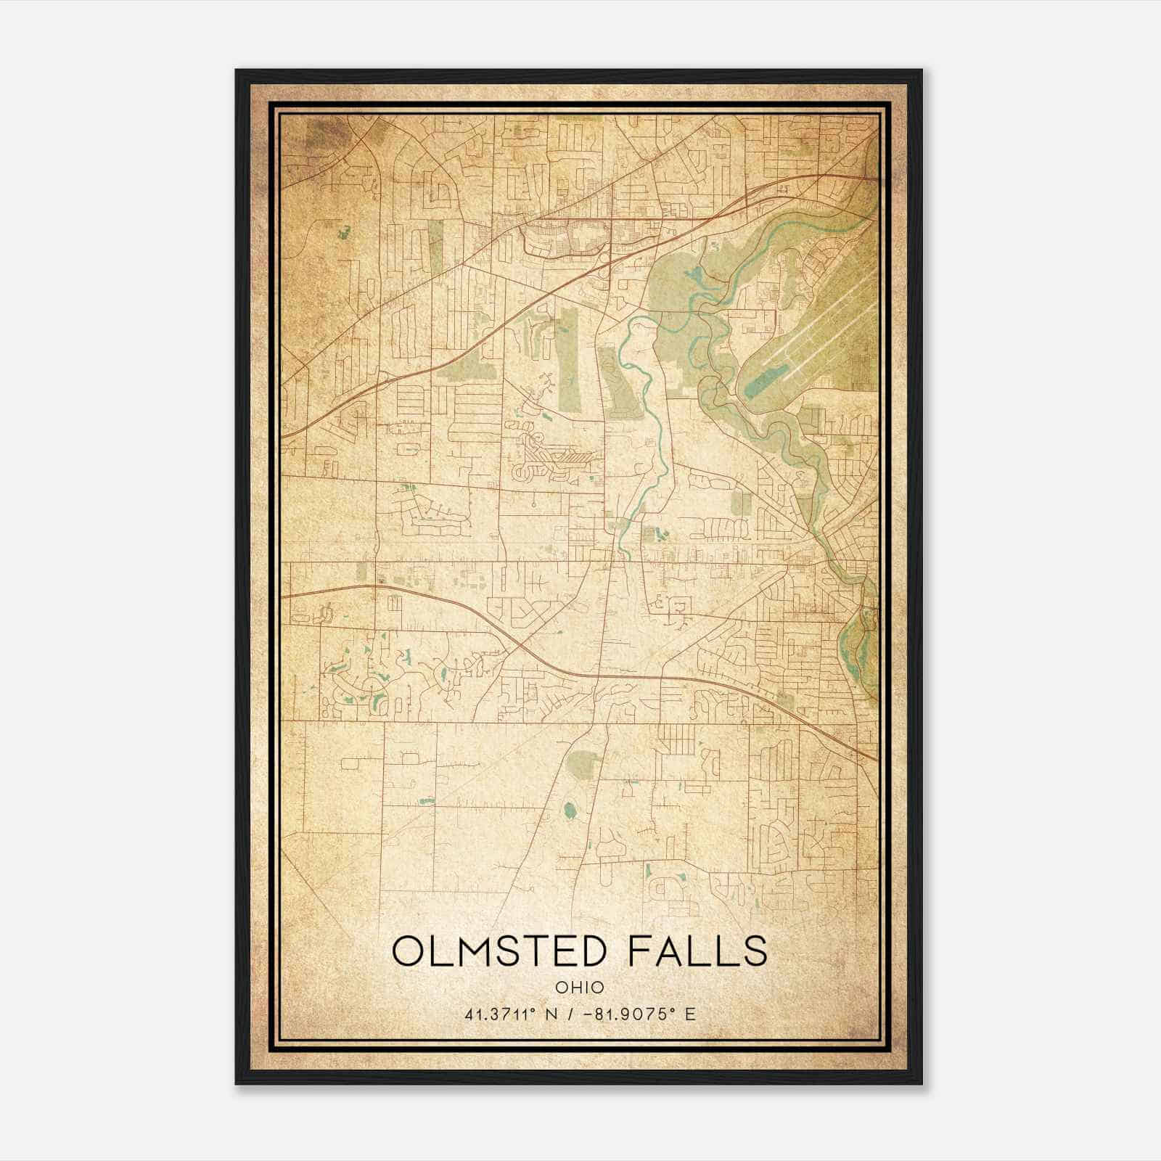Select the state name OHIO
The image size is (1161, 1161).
[580, 987]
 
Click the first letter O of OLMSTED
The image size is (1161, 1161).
[408, 951]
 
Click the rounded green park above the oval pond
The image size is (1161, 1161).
[584, 762]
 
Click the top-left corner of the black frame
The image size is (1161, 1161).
[237, 71]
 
